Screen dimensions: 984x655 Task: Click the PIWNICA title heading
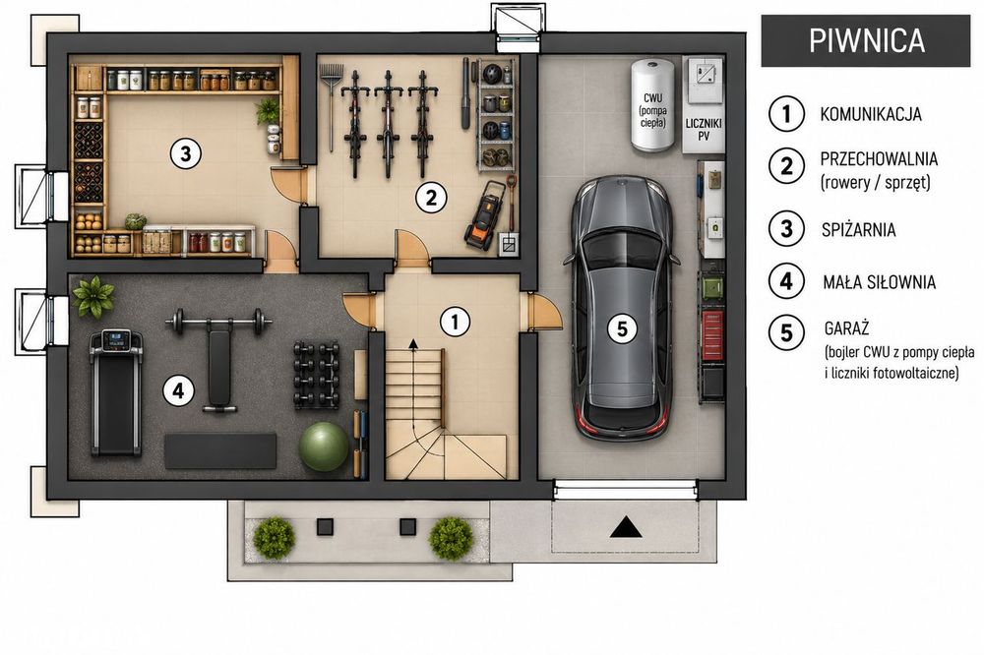click(x=867, y=40)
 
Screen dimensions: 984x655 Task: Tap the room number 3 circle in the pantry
click(x=186, y=152)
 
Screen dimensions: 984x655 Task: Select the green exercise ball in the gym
click(x=324, y=447)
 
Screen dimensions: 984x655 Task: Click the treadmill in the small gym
click(x=116, y=392)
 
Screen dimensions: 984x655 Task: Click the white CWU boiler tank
click(x=652, y=105)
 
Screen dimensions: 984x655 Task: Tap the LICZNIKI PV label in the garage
click(x=704, y=129)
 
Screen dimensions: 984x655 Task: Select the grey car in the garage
click(x=621, y=308)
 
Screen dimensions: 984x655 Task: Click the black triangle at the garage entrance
click(x=626, y=528)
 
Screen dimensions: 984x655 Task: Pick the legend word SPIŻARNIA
click(x=858, y=229)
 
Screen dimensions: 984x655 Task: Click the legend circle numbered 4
click(x=786, y=280)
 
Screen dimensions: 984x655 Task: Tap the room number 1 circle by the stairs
click(x=455, y=322)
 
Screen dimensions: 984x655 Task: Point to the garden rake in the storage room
click(x=331, y=106)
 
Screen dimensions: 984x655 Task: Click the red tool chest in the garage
click(x=712, y=335)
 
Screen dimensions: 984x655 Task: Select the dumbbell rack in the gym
click(x=316, y=375)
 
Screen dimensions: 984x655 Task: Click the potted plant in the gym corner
click(x=93, y=296)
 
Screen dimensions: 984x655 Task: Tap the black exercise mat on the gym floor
click(x=220, y=450)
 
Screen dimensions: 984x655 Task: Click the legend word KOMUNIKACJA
click(x=871, y=114)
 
